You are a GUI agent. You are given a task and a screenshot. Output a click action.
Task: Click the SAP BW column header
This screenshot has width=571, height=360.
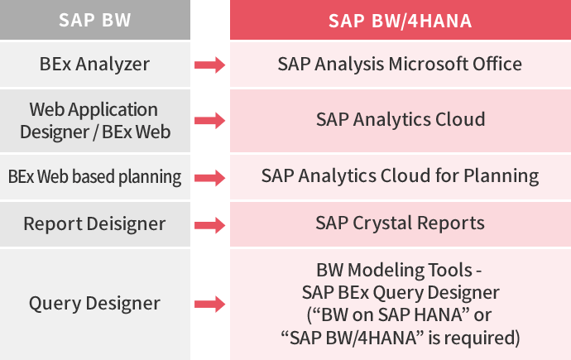(94, 20)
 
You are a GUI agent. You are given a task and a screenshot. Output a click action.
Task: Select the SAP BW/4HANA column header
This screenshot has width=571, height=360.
(401, 20)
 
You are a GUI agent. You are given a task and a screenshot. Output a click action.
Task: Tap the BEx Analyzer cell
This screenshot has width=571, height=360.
(94, 65)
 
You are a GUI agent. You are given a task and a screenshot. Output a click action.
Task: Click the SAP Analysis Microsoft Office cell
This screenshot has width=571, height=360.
(401, 65)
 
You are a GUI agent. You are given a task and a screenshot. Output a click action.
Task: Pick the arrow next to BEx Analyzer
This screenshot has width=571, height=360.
(209, 65)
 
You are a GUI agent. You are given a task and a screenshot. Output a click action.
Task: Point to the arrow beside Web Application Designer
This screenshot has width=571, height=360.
(209, 121)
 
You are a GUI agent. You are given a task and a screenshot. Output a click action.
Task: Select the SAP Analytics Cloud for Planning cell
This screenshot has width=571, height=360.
(401, 177)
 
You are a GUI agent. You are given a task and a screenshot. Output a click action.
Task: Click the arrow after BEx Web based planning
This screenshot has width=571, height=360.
(209, 178)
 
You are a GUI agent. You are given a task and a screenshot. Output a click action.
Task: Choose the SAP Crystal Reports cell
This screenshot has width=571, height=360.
(401, 224)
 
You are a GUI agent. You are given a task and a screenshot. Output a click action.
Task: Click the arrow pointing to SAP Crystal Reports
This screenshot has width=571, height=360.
(209, 225)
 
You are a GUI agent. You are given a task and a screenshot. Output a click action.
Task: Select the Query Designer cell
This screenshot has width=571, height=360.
(94, 305)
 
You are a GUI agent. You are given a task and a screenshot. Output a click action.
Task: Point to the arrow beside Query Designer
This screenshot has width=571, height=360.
(209, 305)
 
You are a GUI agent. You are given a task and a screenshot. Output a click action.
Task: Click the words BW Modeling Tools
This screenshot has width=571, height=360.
(395, 271)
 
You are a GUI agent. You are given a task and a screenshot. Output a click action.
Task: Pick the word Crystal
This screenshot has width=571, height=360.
(382, 223)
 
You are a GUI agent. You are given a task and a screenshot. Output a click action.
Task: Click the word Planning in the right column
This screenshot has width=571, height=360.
(501, 176)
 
